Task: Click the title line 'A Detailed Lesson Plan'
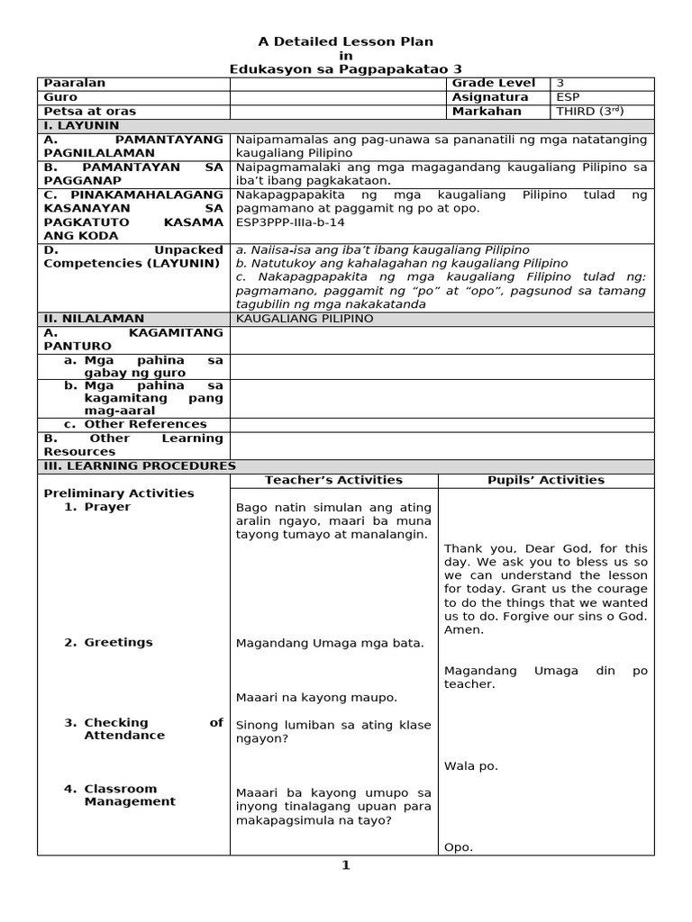point(346,41)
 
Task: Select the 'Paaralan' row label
point(75,83)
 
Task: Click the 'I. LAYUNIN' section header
point(82,126)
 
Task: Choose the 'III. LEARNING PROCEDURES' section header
point(140,466)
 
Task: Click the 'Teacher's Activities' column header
point(333,480)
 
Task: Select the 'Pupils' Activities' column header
point(547,480)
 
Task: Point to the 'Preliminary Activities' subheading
point(119,493)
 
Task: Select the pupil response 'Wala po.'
point(470,766)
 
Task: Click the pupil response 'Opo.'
point(458,847)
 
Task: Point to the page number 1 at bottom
point(345,866)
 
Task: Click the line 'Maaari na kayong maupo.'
point(315,698)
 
